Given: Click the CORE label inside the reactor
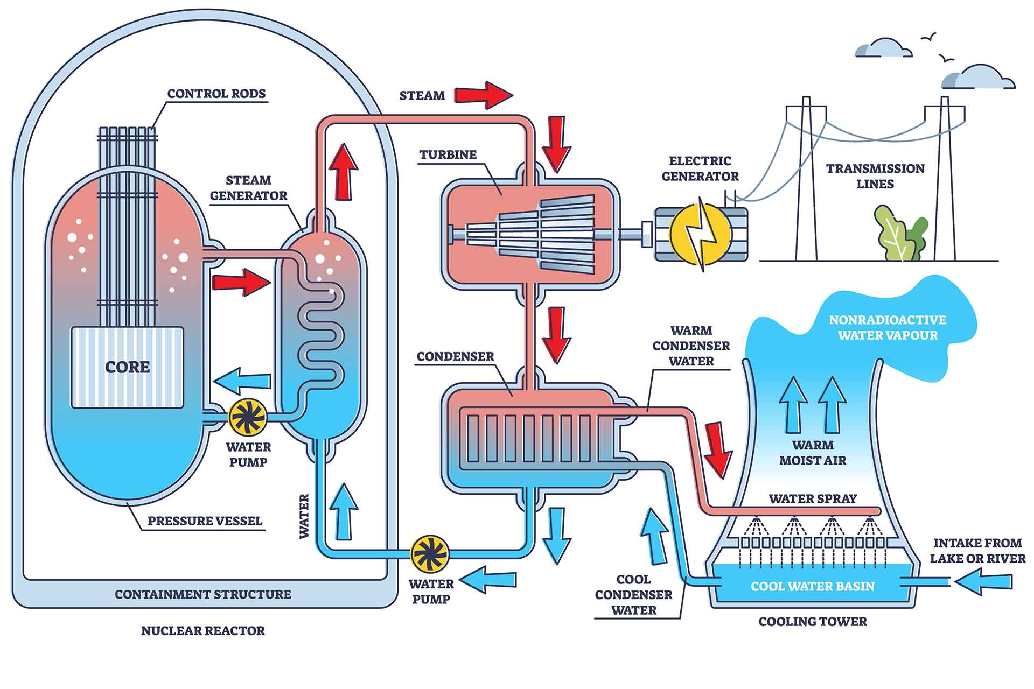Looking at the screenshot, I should tap(127, 367).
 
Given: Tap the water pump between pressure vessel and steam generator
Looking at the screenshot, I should tap(248, 417).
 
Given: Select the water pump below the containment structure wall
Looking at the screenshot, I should tap(430, 553).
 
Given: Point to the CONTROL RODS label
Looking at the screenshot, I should tap(216, 94).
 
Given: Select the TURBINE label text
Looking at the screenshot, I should tap(448, 155).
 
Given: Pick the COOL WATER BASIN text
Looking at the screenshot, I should tap(812, 586).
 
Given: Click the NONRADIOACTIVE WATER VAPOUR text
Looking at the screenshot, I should tap(887, 327).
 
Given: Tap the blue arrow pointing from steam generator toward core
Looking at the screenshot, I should tap(242, 381).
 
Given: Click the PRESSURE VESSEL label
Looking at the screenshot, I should tap(205, 521).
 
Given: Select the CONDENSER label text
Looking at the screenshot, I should tap(455, 357).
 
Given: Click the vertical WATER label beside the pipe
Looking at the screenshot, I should tap(304, 516).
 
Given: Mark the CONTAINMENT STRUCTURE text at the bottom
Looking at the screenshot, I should tap(202, 595).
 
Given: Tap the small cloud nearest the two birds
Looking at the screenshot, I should tap(883, 48).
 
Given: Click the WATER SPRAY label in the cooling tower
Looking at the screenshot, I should tap(812, 499).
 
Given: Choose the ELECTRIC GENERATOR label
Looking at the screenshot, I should tap(700, 168).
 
